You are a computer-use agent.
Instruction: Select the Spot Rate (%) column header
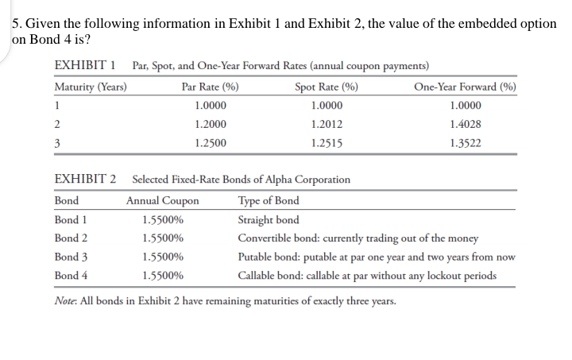tap(326, 87)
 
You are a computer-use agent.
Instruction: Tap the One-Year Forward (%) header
tap(466, 87)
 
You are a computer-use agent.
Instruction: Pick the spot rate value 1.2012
tap(326, 125)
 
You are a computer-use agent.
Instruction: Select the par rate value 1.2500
tap(211, 144)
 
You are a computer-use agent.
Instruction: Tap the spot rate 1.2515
tap(326, 144)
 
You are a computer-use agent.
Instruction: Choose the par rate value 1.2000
tap(211, 125)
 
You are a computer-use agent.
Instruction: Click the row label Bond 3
tap(71, 257)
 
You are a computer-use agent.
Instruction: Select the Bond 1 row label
tap(71, 219)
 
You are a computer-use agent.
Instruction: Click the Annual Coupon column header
tap(163, 200)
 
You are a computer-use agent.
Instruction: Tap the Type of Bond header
tap(269, 200)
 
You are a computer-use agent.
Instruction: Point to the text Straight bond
tap(269, 219)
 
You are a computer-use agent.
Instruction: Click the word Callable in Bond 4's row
tap(258, 276)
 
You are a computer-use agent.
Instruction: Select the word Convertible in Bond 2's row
tap(267, 238)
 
